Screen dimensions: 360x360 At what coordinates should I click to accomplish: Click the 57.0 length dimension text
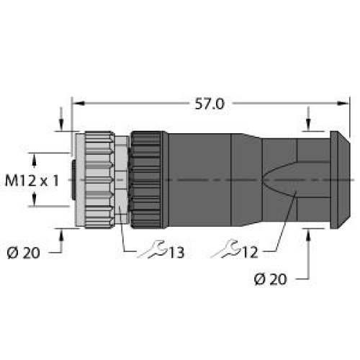tap(210, 104)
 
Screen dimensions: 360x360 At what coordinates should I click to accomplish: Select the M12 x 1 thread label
tap(32, 181)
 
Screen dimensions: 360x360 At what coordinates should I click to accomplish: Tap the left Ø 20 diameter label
tap(23, 253)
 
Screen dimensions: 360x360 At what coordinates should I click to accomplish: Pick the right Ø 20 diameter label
tap(271, 279)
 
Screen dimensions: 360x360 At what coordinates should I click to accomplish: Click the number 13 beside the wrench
tap(177, 252)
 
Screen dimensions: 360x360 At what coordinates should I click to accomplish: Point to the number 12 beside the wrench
tap(251, 252)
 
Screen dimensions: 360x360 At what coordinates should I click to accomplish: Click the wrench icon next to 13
tap(153, 250)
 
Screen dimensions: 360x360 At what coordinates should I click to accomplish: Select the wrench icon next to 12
tap(226, 249)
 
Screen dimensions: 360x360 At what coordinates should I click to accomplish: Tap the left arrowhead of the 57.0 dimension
tap(78, 104)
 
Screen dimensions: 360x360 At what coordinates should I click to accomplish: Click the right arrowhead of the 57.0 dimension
tap(343, 104)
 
